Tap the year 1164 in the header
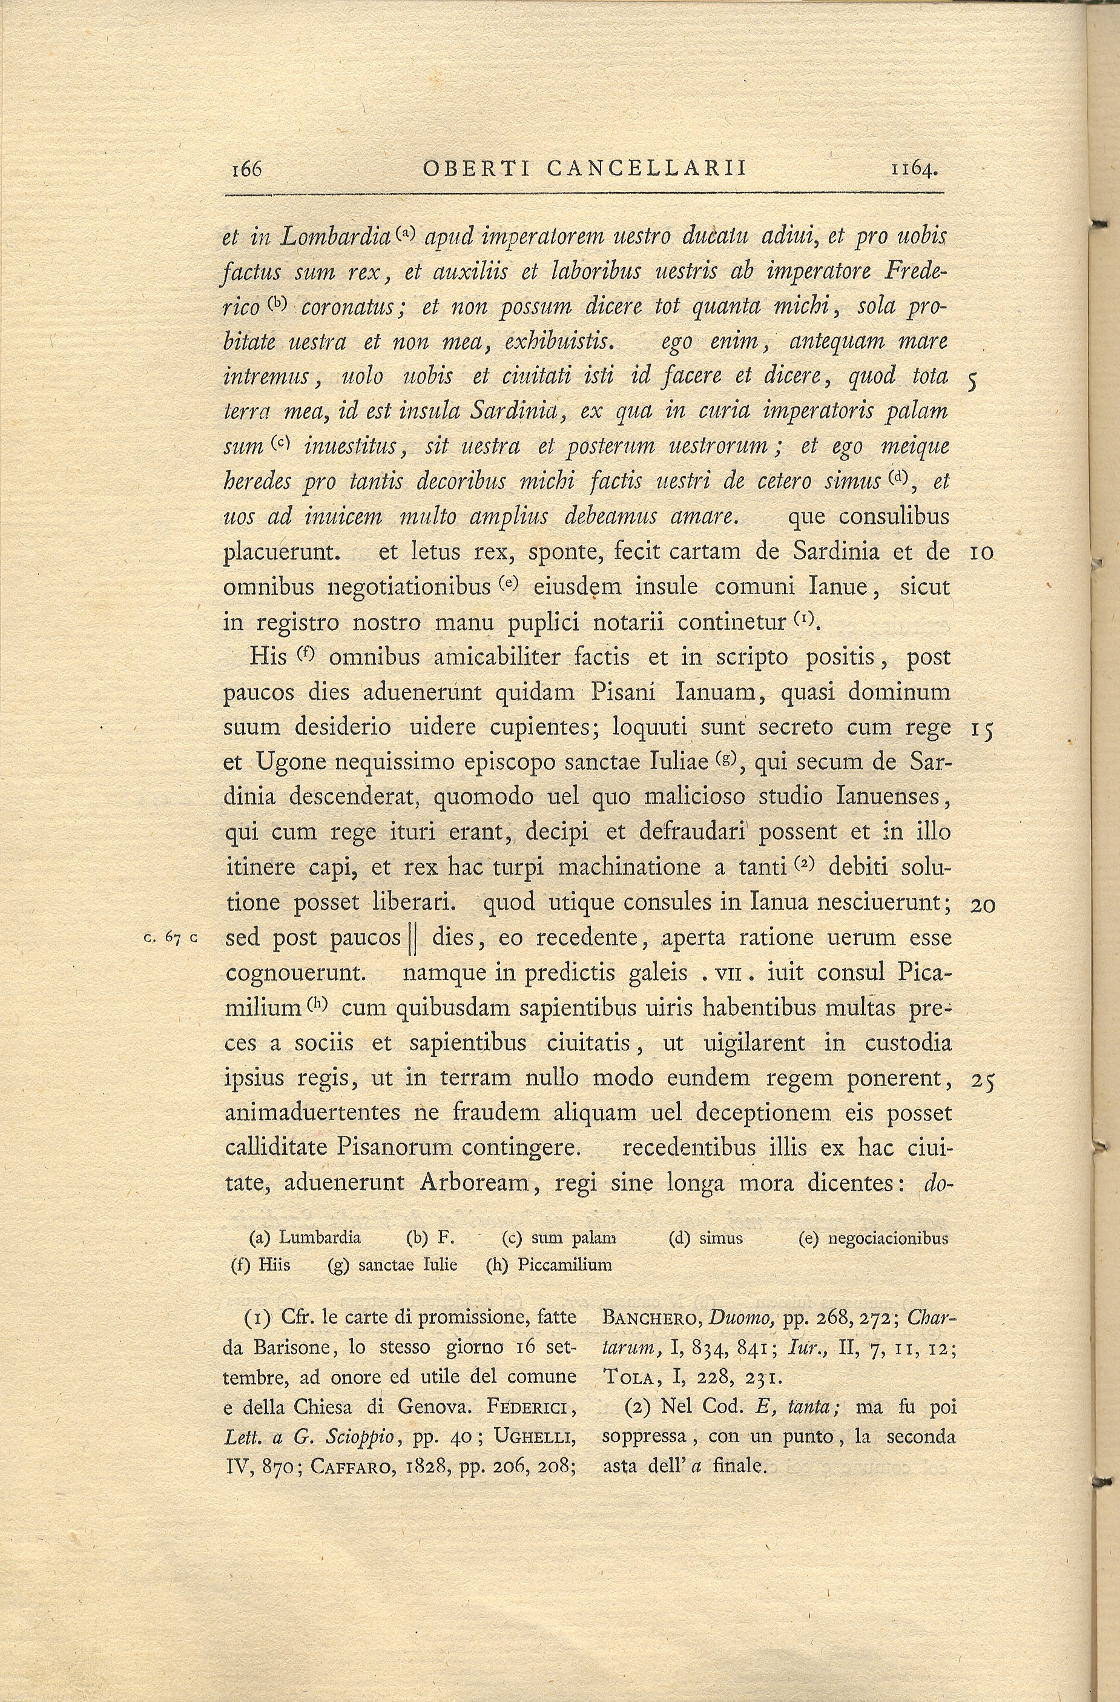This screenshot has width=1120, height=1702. click(x=914, y=170)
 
